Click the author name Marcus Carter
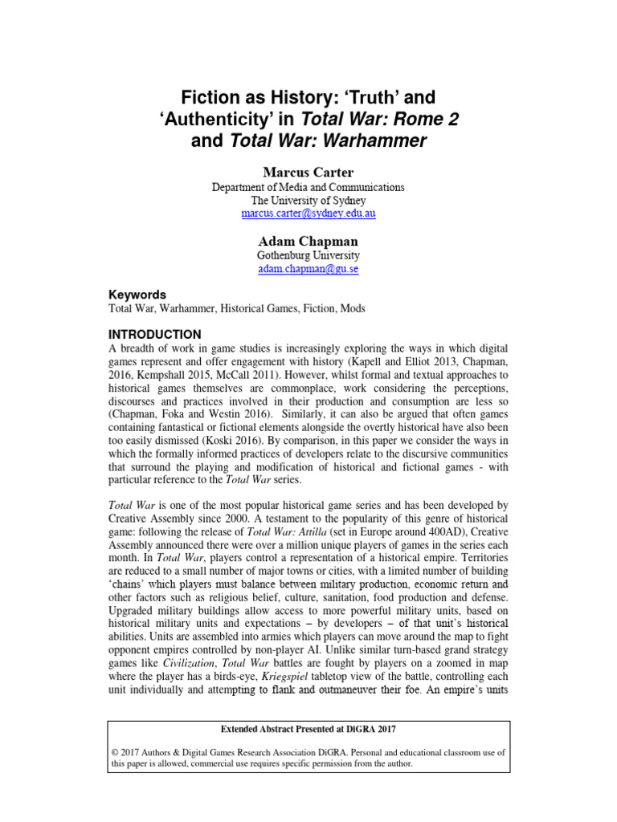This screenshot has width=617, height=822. [x=308, y=172]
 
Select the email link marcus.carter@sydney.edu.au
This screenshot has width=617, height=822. [x=308, y=214]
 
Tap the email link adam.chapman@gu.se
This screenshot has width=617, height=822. [x=308, y=268]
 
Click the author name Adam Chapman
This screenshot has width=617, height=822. [x=308, y=241]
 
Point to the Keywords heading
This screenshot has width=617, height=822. [x=137, y=295]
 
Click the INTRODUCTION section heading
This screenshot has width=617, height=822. [x=155, y=334]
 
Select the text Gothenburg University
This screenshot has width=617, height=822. [x=308, y=255]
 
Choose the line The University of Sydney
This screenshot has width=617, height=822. [x=308, y=201]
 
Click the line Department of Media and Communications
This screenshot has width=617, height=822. [x=308, y=187]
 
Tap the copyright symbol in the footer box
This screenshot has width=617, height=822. [x=116, y=751]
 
